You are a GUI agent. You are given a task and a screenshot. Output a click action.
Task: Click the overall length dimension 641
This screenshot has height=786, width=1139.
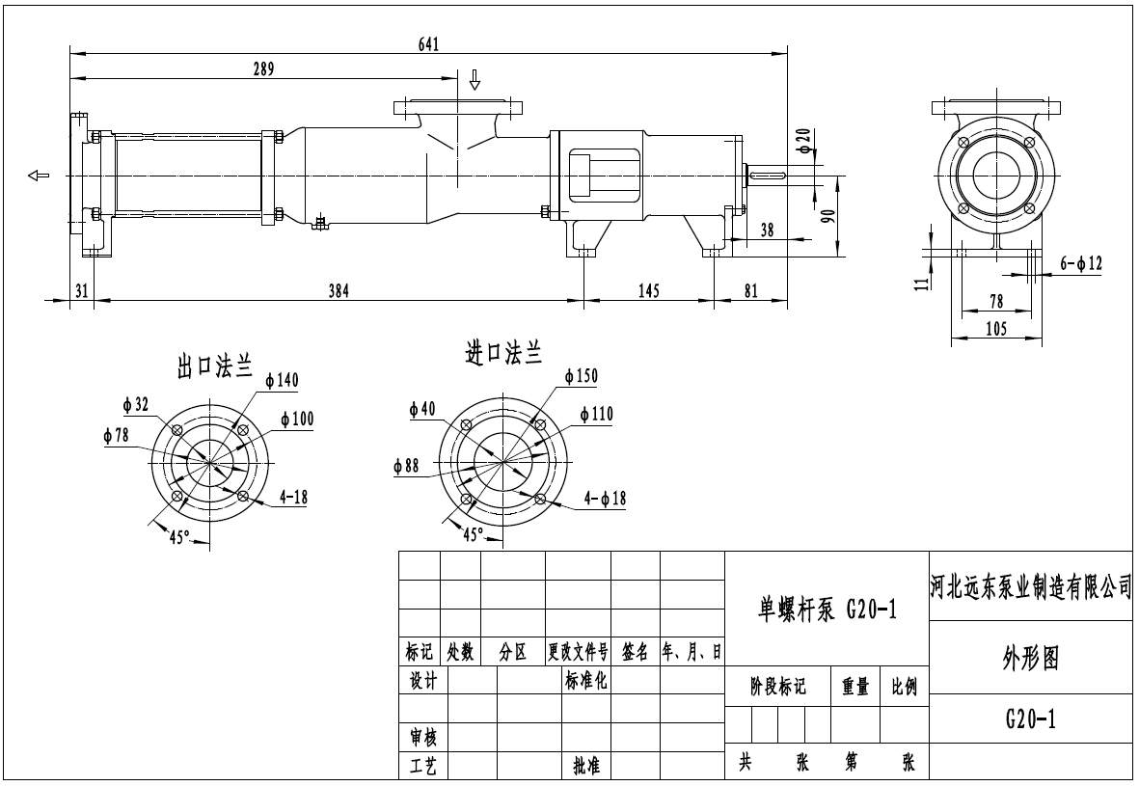click(429, 43)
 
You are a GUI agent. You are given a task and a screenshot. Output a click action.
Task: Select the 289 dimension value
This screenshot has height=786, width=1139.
click(263, 68)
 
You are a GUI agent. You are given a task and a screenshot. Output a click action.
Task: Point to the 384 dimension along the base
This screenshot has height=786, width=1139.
click(339, 290)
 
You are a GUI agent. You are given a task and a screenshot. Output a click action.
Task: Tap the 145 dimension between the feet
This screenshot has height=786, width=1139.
click(648, 290)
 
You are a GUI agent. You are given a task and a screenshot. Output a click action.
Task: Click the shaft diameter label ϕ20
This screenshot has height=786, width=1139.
click(804, 142)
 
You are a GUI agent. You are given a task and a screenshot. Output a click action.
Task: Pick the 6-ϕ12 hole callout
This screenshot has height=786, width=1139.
click(1080, 262)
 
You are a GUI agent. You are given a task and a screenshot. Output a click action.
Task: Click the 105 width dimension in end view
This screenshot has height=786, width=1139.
click(996, 329)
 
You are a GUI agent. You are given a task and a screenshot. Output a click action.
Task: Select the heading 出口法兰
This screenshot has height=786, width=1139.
click(214, 365)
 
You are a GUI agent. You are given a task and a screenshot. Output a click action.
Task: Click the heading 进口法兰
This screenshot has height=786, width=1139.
click(502, 354)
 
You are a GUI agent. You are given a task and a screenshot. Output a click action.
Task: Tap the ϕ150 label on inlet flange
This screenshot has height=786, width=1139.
click(581, 374)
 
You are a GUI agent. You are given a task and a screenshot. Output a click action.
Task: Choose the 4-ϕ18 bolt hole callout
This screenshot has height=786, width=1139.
click(606, 498)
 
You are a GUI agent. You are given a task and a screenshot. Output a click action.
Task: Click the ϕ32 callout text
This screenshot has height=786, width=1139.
click(135, 405)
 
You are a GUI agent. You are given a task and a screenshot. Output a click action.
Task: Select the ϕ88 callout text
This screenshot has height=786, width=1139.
click(406, 466)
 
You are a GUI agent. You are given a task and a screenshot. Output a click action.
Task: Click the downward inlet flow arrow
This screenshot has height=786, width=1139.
click(474, 79)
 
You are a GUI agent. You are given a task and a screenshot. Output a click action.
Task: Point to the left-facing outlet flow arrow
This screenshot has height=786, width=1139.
click(39, 175)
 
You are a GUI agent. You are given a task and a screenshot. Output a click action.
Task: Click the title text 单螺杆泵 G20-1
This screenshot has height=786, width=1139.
click(827, 609)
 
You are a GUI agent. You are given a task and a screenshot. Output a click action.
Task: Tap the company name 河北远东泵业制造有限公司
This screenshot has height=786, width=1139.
click(1030, 586)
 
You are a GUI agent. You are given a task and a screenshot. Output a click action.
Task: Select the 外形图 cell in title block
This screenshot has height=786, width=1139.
click(1030, 658)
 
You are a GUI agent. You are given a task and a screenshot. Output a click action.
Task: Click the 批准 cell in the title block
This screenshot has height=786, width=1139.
click(586, 766)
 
